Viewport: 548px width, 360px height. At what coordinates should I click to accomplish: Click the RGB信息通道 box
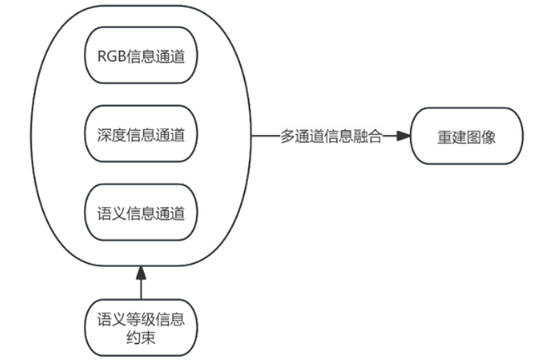(x=141, y=57)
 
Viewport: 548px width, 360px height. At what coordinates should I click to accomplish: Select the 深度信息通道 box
(x=141, y=134)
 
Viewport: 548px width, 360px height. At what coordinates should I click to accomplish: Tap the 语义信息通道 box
(x=141, y=213)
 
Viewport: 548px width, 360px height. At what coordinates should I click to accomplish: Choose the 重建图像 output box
(x=466, y=136)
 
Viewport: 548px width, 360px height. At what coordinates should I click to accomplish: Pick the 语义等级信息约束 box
(x=141, y=327)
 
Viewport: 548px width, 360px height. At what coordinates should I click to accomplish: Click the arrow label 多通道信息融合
(x=330, y=136)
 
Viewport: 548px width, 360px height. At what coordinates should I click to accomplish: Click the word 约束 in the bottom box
(x=141, y=336)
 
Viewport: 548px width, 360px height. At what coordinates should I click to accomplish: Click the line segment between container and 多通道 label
(x=265, y=136)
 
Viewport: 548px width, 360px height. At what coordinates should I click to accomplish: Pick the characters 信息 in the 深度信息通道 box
(x=141, y=134)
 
